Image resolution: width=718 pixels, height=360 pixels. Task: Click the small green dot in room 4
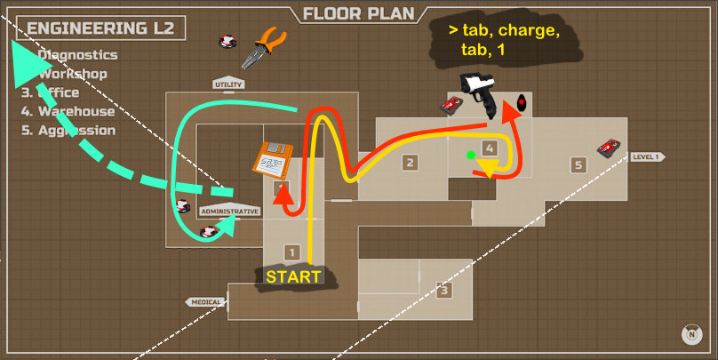click(471, 156)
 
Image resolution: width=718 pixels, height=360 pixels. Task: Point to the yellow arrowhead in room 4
click(487, 169)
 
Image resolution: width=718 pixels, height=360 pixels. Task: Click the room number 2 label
click(410, 163)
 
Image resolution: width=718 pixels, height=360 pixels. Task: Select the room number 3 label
click(443, 290)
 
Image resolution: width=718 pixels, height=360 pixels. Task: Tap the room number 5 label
click(578, 164)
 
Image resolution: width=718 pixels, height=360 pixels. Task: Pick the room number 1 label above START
click(290, 252)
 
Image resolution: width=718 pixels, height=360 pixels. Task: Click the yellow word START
click(293, 276)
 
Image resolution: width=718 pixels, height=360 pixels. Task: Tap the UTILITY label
click(228, 84)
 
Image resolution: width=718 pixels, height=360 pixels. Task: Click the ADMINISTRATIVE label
click(229, 212)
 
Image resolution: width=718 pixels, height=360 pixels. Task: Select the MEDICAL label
click(205, 302)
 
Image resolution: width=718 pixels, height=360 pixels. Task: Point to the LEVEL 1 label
click(646, 157)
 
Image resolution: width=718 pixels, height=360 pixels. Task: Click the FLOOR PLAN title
click(358, 14)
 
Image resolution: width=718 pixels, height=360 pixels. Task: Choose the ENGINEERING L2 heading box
click(104, 28)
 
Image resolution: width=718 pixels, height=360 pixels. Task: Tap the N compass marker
click(690, 334)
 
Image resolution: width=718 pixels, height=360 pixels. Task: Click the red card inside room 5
click(609, 147)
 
